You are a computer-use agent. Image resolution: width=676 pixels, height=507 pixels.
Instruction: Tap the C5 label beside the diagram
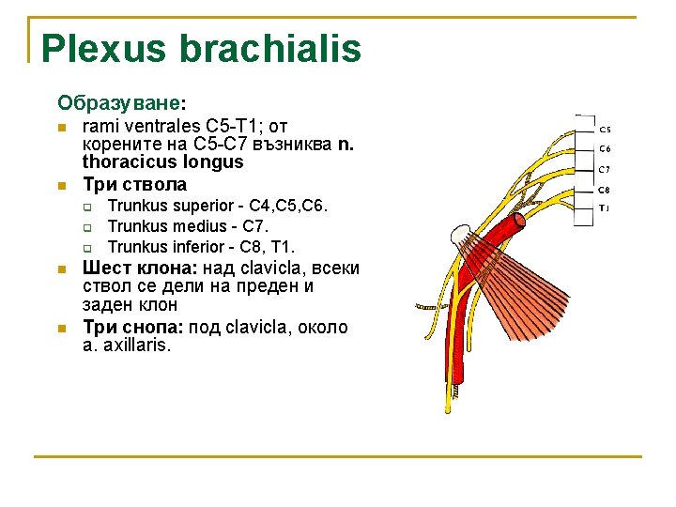(x=605, y=129)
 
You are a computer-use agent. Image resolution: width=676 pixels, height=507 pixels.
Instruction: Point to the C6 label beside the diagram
(x=605, y=148)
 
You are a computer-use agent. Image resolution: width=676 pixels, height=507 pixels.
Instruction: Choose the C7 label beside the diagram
(x=605, y=170)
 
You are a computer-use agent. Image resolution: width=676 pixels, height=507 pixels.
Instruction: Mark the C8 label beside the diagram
(x=605, y=190)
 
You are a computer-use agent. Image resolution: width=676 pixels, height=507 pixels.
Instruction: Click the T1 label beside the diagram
(x=605, y=207)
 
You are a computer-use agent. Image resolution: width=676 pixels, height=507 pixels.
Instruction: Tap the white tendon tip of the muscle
(x=461, y=236)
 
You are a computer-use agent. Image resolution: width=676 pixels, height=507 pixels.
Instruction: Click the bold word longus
(x=217, y=161)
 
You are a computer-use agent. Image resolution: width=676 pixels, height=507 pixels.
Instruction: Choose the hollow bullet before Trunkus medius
(x=86, y=227)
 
